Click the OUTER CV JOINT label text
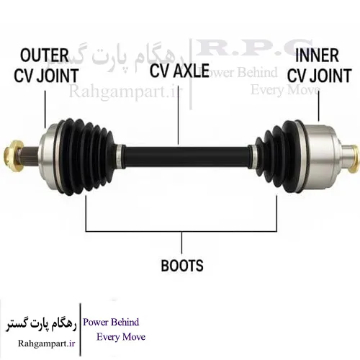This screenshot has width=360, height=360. [x=46, y=66]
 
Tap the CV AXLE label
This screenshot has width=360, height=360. [x=179, y=71]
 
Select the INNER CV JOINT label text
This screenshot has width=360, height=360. [x=320, y=66]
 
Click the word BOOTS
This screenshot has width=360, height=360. [x=182, y=266]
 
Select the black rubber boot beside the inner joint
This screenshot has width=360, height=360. [x=279, y=157]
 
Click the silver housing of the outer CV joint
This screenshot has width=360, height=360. [x=48, y=156]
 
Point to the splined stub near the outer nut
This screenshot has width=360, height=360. [x=30, y=156]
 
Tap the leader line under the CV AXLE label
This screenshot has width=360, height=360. [x=179, y=112]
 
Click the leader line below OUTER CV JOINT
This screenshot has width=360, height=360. [x=45, y=109]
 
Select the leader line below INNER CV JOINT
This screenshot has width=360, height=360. [x=319, y=106]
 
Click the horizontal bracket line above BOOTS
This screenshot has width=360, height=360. [x=181, y=231]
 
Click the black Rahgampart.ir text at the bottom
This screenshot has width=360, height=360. [x=47, y=343]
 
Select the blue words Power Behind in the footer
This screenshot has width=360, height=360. [x=111, y=322]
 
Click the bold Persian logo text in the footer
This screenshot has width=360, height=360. [x=41, y=325]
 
